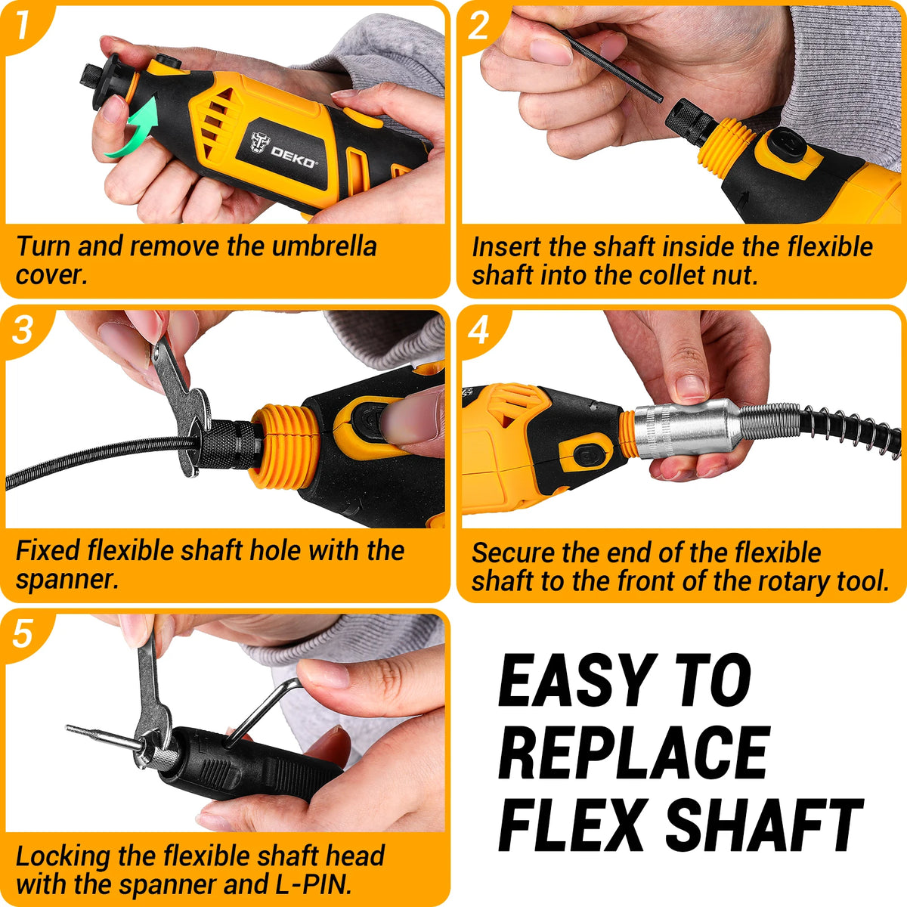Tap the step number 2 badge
click(x=478, y=26)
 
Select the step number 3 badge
click(x=22, y=330)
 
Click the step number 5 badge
click(x=22, y=634)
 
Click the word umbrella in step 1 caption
click(x=324, y=246)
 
